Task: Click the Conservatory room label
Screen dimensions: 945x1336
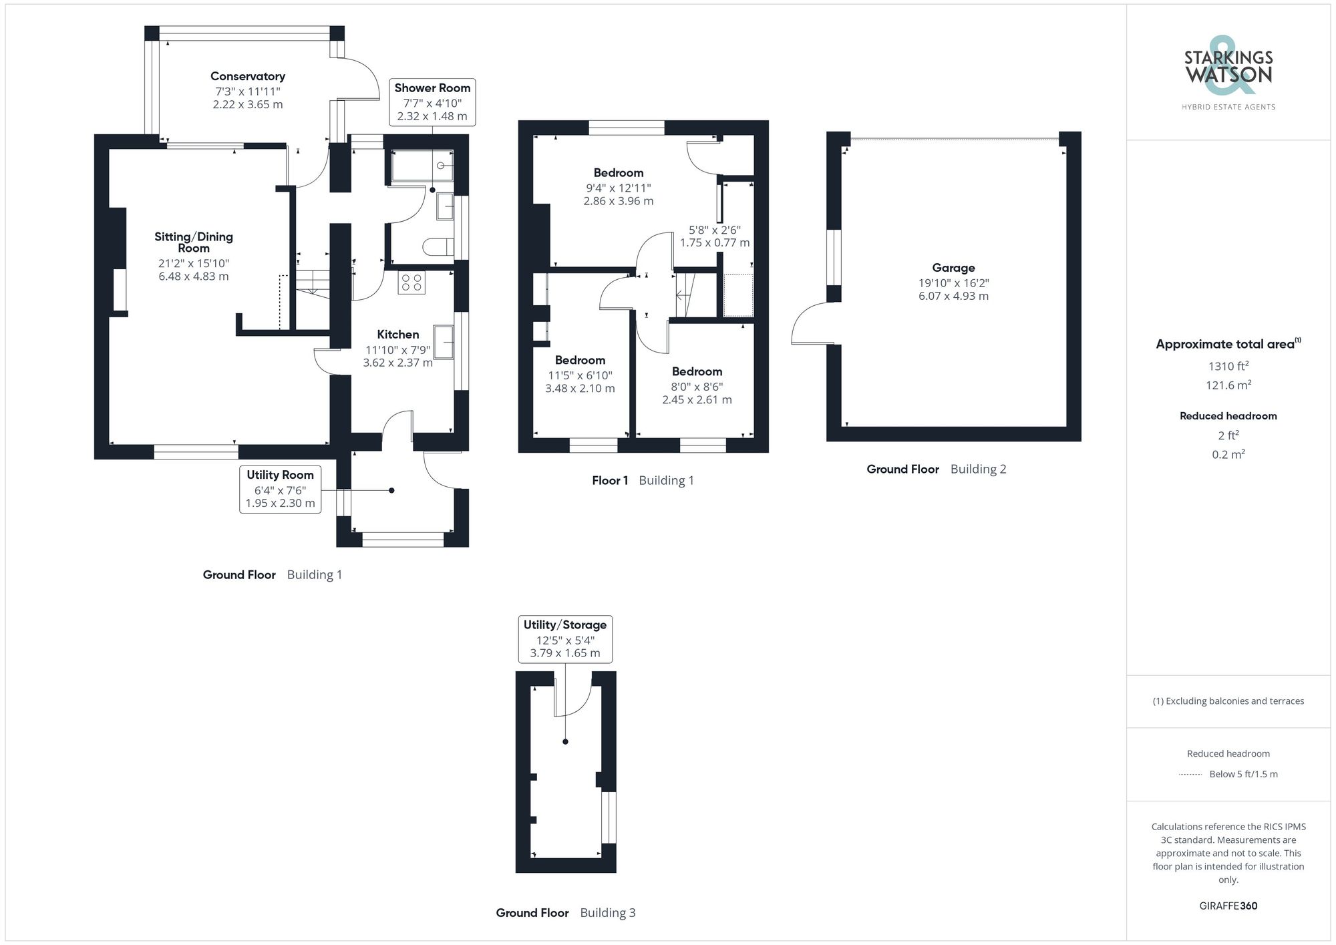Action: point(247,77)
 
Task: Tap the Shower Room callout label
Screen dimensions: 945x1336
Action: point(432,88)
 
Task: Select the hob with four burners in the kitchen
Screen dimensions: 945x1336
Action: point(411,283)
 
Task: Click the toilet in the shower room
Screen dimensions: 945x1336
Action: point(438,247)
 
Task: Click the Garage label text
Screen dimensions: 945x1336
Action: point(953,268)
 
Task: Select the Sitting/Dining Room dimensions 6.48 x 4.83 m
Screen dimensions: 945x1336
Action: point(194,276)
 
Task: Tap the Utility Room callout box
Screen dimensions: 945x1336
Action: point(280,489)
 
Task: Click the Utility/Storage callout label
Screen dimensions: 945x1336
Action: point(565,625)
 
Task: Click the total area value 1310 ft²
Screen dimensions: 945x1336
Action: point(1228,366)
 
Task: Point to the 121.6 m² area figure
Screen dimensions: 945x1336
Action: point(1228,385)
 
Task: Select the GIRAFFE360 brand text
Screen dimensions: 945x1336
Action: point(1228,906)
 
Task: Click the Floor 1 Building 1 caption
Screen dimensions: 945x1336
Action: point(643,480)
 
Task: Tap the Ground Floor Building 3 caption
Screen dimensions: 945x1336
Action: point(565,913)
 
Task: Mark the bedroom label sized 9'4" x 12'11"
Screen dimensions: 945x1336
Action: point(619,173)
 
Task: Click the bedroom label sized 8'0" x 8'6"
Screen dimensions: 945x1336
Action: point(697,372)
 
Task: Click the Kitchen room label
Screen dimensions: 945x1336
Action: point(398,335)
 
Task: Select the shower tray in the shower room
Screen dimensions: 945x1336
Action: point(422,166)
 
